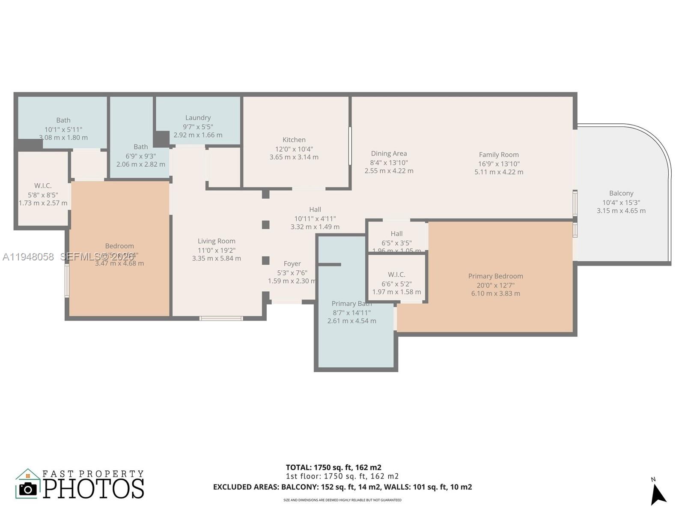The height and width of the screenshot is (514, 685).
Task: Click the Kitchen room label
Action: tap(294, 140)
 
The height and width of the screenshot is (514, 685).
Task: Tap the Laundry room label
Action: tap(198, 117)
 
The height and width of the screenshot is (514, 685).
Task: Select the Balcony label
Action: tap(621, 193)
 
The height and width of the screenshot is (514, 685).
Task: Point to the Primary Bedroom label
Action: tap(495, 276)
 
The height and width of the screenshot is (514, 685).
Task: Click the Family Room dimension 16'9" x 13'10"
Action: tap(499, 164)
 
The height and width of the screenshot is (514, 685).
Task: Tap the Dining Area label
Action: tap(389, 153)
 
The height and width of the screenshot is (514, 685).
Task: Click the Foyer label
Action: tap(292, 263)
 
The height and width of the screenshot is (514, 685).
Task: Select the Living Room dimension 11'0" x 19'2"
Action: tap(216, 250)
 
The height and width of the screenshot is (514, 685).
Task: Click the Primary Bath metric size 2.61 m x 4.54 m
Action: tap(351, 321)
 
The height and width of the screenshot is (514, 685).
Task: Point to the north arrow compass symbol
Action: tap(658, 494)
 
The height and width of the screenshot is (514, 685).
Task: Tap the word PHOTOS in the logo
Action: tap(93, 489)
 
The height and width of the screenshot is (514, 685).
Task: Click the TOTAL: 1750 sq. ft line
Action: tap(333, 467)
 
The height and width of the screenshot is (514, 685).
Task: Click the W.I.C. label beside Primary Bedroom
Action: tap(396, 274)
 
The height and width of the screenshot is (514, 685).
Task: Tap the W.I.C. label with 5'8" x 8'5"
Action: tap(43, 185)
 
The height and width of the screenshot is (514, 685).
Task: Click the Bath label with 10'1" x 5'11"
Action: tap(63, 120)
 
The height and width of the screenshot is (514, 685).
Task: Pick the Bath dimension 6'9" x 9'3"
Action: tap(140, 156)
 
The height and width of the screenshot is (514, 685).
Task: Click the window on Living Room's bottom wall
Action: tap(221, 318)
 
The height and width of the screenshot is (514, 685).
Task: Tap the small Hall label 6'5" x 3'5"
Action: tap(396, 233)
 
